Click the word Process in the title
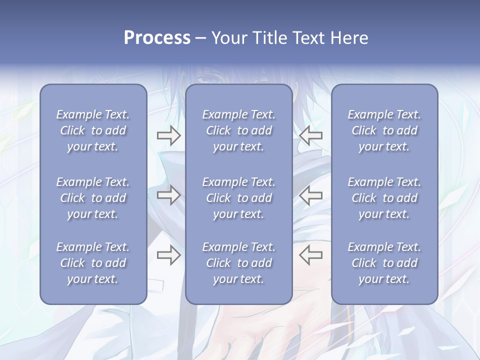coord(157,38)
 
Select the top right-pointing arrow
coord(168,135)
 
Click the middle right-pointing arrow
coord(168,195)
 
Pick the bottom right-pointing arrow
coord(168,255)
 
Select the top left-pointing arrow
coord(311,135)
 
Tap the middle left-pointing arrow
coord(311,195)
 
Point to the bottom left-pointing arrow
coord(311,255)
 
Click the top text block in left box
coord(93,130)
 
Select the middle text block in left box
coord(93,198)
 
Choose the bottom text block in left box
coord(93,263)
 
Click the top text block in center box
coord(238,130)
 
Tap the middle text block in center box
coord(238,198)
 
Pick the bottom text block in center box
coord(238,263)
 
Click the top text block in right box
coord(384,130)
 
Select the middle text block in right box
coord(384,198)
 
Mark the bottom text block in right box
coord(384,263)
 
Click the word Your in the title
coord(229,38)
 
